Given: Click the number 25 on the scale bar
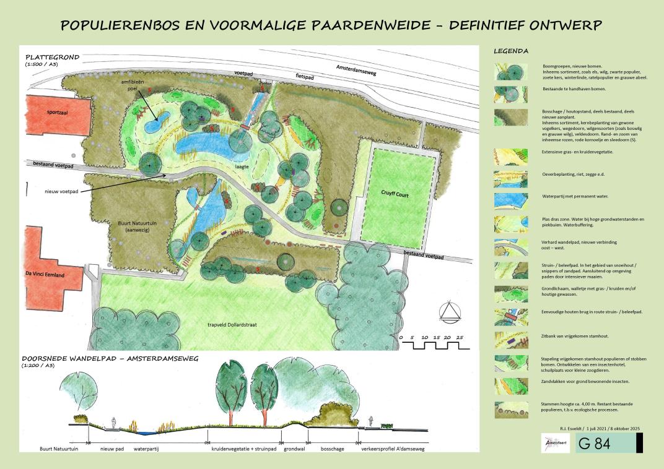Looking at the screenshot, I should pyautogui.click(x=460, y=337).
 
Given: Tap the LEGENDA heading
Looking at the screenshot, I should pyautogui.click(x=510, y=51).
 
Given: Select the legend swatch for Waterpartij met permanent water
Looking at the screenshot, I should pyautogui.click(x=511, y=200).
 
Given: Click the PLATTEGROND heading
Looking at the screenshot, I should pyautogui.click(x=53, y=57).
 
